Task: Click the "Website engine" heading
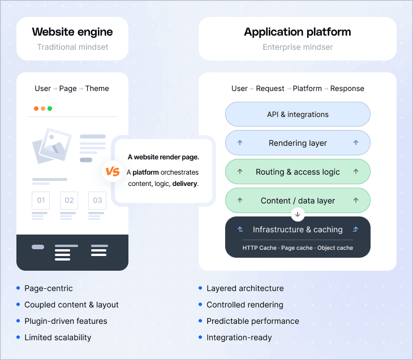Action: (x=72, y=32)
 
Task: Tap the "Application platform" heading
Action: (x=298, y=32)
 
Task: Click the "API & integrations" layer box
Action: (x=298, y=114)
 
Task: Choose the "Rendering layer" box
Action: (x=298, y=143)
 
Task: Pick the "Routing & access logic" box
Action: (x=298, y=172)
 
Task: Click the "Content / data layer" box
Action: (x=298, y=201)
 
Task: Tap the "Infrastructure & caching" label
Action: (x=298, y=229)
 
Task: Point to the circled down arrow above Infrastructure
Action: (x=298, y=215)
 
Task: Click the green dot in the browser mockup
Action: (x=50, y=109)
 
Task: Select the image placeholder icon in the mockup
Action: (x=51, y=145)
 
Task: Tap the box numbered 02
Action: (x=69, y=200)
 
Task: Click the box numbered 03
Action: (x=97, y=200)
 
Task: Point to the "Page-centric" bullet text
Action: (x=49, y=288)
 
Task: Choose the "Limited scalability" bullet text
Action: (x=58, y=337)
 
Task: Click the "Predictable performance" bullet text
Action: (x=252, y=321)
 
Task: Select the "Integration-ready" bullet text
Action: (x=239, y=337)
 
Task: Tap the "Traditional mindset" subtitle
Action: (x=72, y=47)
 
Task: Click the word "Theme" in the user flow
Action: (x=97, y=88)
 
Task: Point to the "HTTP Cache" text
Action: (x=259, y=248)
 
